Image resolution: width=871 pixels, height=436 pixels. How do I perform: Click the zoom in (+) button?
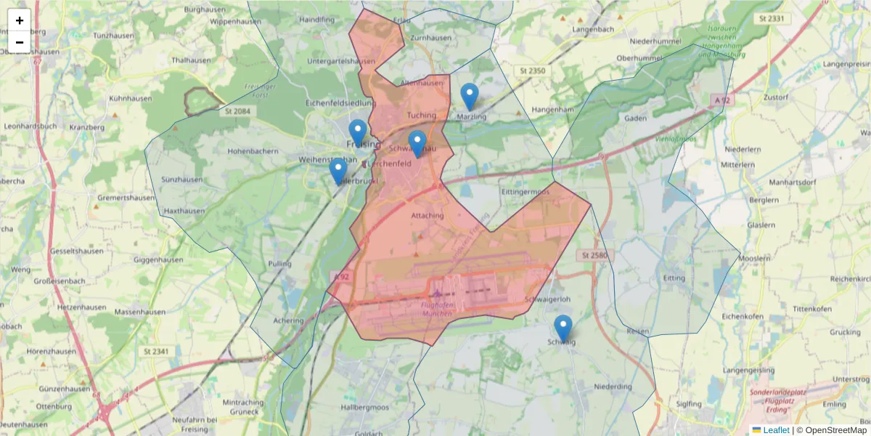click(x=20, y=20)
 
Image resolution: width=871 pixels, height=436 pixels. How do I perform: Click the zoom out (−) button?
click(x=20, y=42)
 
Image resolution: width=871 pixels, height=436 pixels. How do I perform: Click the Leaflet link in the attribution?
click(x=776, y=430)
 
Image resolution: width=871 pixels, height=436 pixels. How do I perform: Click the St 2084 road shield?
click(x=237, y=111)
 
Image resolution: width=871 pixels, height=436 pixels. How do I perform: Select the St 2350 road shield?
click(x=532, y=70)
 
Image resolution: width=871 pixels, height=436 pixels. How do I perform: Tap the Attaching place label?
click(x=427, y=216)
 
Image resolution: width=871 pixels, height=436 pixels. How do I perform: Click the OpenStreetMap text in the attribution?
click(x=835, y=430)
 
